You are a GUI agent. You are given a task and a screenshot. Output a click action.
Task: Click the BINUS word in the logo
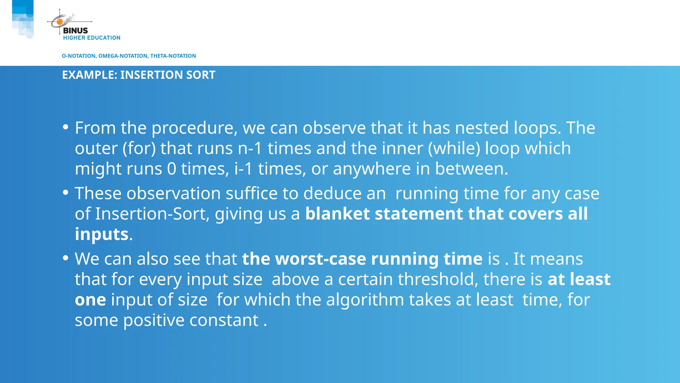(75, 31)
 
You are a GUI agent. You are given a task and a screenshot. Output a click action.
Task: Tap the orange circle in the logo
(59, 22)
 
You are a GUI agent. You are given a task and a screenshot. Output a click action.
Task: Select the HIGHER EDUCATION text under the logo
(92, 38)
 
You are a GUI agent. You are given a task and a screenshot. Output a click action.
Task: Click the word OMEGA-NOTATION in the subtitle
(124, 56)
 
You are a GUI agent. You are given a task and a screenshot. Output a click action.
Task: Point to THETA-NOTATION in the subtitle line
(173, 56)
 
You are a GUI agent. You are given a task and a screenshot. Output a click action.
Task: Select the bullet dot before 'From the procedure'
(65, 127)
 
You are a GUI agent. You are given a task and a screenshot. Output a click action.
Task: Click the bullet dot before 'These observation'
(65, 192)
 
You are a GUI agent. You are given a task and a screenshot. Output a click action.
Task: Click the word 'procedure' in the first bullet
(195, 128)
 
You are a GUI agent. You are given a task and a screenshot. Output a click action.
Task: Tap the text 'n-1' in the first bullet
(250, 149)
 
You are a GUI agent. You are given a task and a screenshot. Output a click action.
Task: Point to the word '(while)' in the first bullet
(454, 149)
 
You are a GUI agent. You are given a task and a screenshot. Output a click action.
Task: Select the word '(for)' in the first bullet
(139, 149)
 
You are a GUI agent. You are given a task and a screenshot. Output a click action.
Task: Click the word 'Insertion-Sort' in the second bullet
(152, 214)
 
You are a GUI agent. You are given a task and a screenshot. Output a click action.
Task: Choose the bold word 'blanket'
(337, 214)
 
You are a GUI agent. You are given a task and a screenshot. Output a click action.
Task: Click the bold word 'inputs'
(102, 234)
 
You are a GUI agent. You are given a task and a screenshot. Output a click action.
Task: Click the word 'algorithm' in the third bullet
(365, 300)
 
